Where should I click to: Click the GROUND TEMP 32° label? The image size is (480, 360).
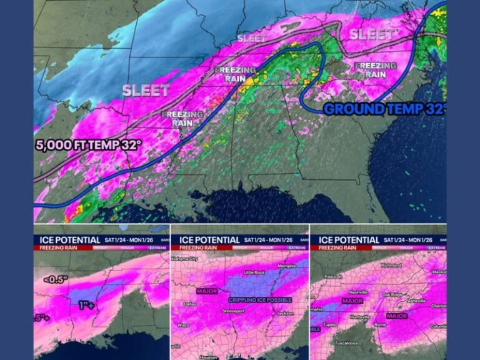(385, 109)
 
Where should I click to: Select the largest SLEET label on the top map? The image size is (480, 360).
(146, 90)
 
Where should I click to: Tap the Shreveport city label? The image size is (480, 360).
(236, 311)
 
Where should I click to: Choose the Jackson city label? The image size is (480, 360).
(284, 313)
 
